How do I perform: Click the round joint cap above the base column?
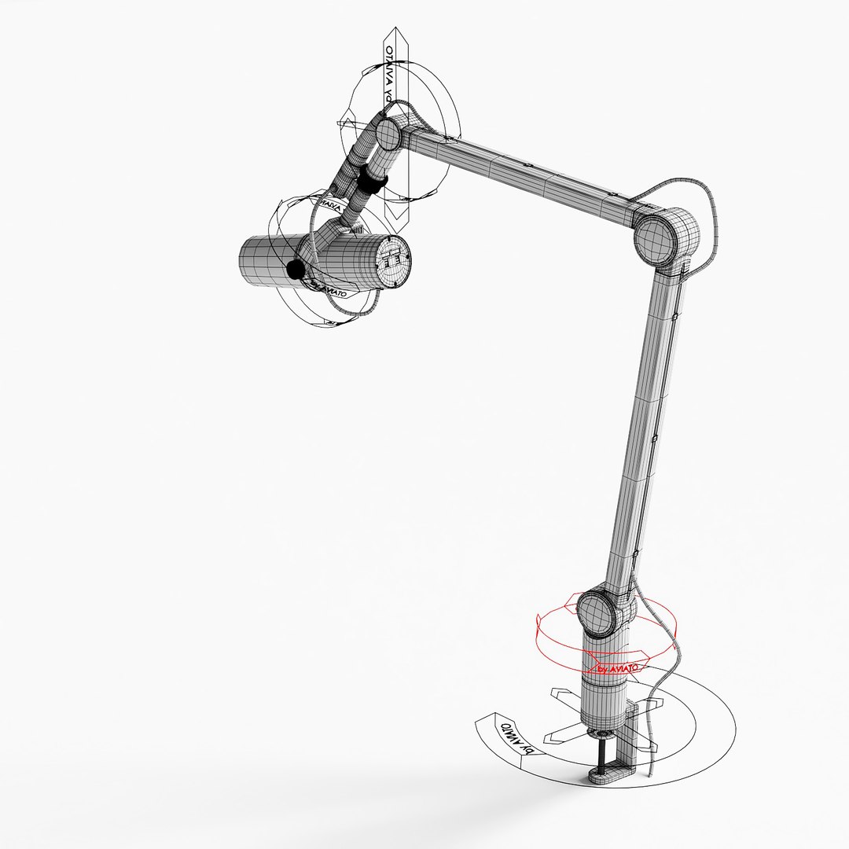tap(601, 613)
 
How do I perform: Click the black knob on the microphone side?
tap(295, 270)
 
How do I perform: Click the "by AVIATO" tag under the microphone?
tap(330, 292)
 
